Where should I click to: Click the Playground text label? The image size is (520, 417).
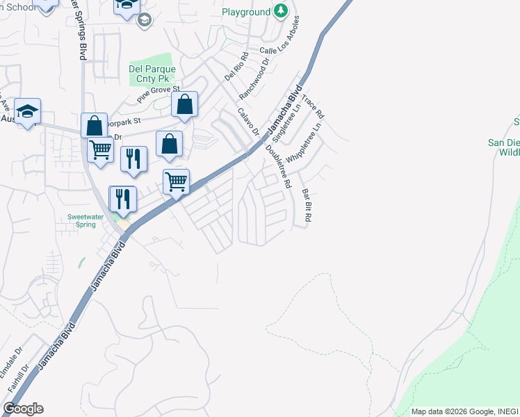coord(246,12)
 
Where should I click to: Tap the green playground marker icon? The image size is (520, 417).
coord(280,10)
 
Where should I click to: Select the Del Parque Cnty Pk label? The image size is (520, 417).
coord(152,74)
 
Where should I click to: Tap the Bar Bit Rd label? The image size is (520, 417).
coord(305,206)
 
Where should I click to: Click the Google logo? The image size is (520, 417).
coord(23,409)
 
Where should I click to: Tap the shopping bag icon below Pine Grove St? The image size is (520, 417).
coord(184,106)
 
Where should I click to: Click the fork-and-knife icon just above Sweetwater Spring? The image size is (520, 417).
coord(123,199)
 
